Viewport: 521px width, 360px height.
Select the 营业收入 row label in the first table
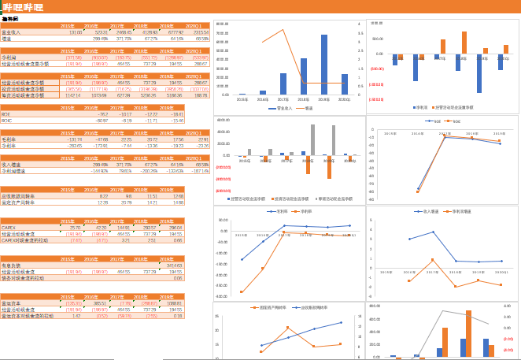[11, 32]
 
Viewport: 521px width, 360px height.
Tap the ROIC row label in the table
[7, 121]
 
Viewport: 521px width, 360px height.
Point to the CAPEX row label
[9, 228]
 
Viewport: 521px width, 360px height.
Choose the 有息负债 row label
[11, 265]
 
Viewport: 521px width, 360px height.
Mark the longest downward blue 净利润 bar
[416, 67]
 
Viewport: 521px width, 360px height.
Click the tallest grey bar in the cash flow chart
[312, 139]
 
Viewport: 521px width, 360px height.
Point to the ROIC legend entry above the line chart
[455, 121]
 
